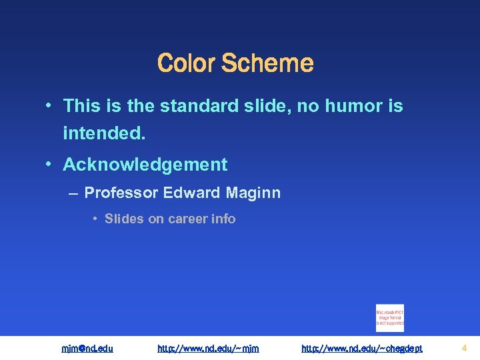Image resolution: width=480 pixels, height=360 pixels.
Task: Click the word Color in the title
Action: pos(187,64)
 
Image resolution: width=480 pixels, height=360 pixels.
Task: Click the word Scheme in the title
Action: pos(267,64)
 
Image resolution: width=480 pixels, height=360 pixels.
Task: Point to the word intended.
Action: pos(103,134)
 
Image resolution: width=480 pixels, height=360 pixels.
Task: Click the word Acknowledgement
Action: pos(145,165)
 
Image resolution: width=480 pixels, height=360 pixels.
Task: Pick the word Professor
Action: pos(121,193)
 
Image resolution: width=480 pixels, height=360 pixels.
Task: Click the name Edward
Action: pos(191,193)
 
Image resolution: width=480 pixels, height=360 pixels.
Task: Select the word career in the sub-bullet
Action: pos(192,219)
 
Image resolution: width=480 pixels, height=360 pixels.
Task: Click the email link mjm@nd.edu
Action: pos(87,348)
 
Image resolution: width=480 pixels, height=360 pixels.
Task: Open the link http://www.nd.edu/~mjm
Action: pos(208,348)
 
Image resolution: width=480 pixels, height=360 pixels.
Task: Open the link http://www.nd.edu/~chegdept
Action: pos(362,348)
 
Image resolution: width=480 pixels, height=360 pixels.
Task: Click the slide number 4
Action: pos(464,348)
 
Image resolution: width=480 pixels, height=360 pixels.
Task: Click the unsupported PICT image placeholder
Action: pos(390,318)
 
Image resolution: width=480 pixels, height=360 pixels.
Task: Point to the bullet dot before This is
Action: pos(50,106)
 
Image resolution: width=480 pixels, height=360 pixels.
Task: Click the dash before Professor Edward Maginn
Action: pos(73,193)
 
